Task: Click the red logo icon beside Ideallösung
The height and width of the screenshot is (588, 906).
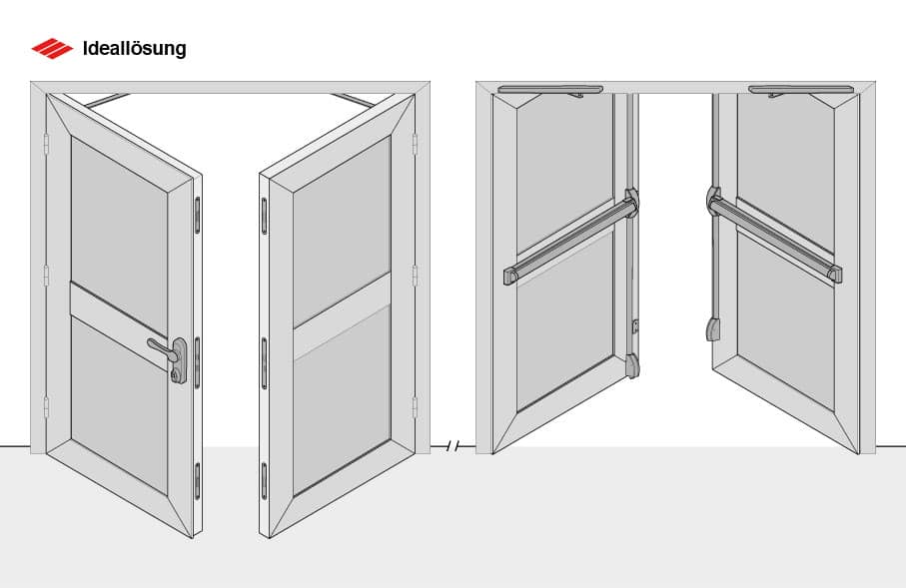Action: click(x=52, y=49)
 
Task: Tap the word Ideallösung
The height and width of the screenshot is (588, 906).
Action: click(x=134, y=49)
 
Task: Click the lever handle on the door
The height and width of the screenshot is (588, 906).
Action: click(x=163, y=348)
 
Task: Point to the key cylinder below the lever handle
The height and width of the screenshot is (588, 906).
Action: click(x=175, y=375)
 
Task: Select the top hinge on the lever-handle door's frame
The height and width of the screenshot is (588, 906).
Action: click(x=46, y=144)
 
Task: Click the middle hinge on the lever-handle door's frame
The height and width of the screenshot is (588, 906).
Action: click(x=46, y=276)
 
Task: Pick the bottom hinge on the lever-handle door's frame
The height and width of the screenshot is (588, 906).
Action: click(x=46, y=407)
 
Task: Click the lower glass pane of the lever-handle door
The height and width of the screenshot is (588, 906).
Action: click(x=119, y=406)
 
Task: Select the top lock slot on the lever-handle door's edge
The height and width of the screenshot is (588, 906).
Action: click(x=197, y=215)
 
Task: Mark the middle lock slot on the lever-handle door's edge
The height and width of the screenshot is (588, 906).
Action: click(x=197, y=362)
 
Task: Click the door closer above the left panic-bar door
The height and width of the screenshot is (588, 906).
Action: click(x=550, y=90)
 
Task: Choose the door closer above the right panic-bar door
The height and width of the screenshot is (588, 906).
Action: click(x=801, y=90)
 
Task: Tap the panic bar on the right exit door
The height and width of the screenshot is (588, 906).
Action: click(x=774, y=235)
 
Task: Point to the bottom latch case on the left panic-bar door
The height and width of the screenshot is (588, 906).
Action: click(x=632, y=365)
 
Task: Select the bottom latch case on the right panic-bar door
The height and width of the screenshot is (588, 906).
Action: click(x=712, y=329)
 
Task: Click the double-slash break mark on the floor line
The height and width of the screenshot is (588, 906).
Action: click(x=453, y=446)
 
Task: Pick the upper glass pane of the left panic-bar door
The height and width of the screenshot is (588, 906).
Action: click(x=564, y=175)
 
